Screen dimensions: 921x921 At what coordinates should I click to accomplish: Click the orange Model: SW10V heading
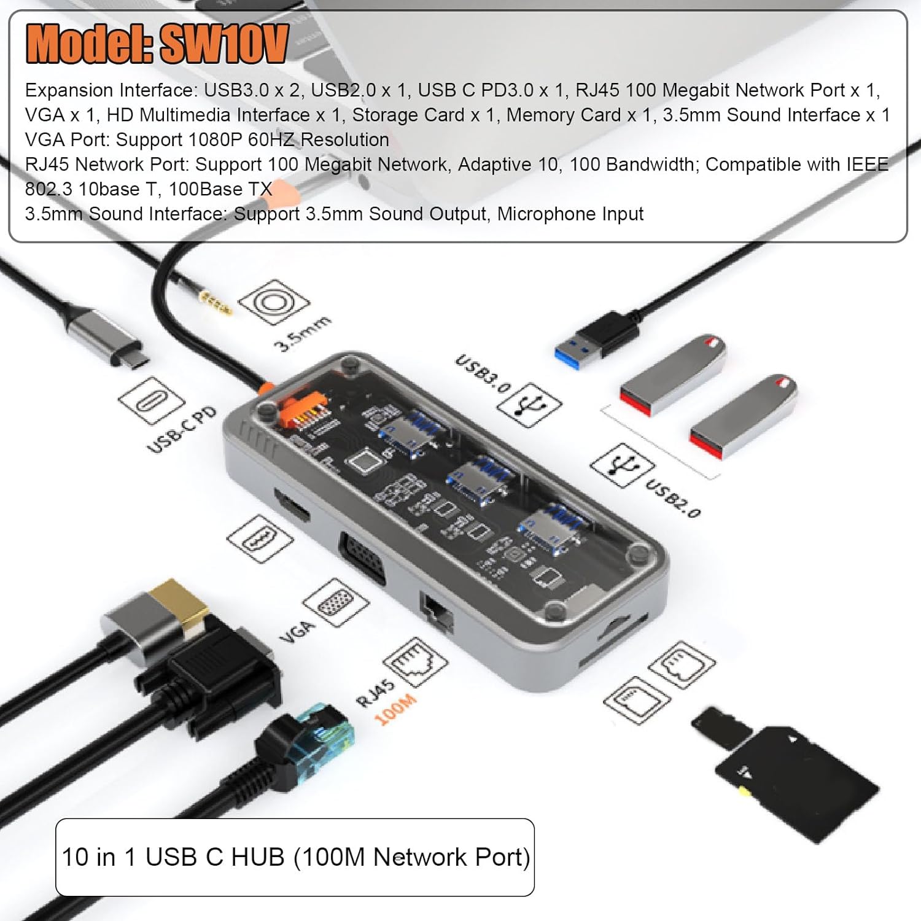(x=157, y=44)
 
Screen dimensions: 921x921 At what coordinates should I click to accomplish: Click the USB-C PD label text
(x=182, y=429)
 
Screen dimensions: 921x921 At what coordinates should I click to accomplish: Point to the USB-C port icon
(x=151, y=400)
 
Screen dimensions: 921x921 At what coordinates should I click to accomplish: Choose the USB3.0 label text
(x=483, y=373)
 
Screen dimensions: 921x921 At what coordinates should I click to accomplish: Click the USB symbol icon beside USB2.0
(x=622, y=465)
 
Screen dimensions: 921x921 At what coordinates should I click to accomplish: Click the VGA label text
(x=297, y=631)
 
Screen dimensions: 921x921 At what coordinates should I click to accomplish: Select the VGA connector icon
(x=336, y=602)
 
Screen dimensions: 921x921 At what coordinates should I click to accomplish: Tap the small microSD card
(x=722, y=728)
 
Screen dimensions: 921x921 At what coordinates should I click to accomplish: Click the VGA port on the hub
(x=362, y=559)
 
